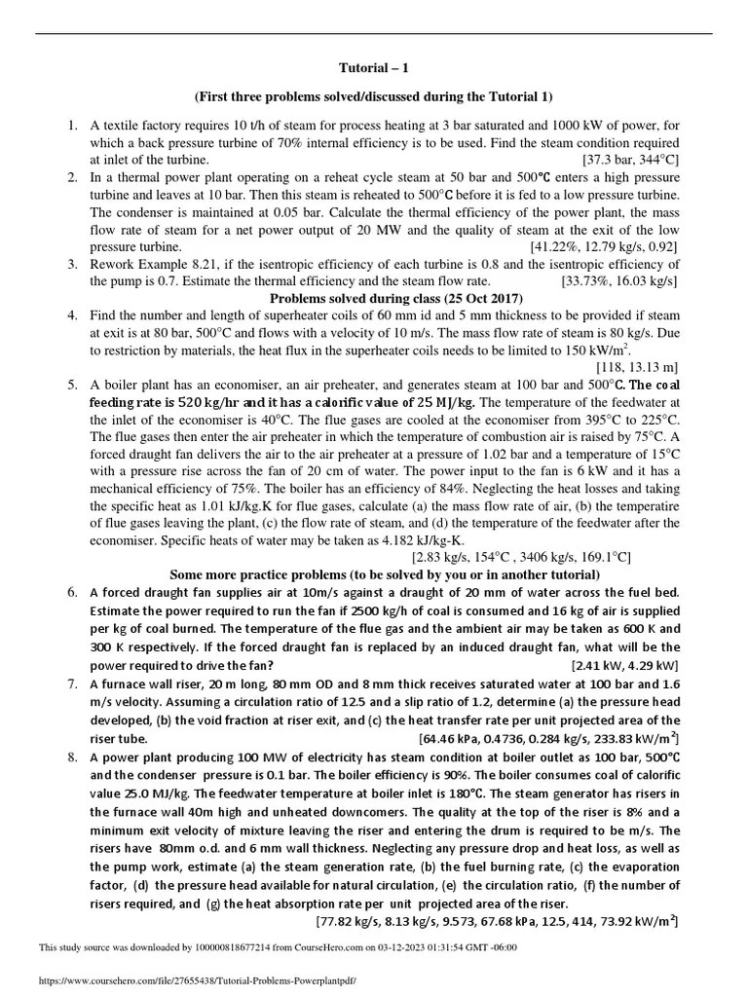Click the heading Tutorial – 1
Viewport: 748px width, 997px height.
[x=373, y=70]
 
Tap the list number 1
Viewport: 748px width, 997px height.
[x=72, y=126]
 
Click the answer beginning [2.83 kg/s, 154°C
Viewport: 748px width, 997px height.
[x=521, y=557]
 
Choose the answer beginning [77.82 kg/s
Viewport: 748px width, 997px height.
[x=497, y=920]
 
